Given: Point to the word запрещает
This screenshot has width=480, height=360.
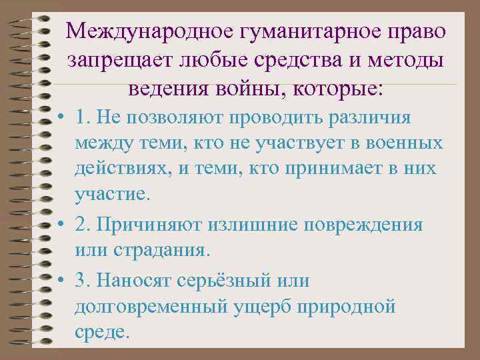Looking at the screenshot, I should (120, 61).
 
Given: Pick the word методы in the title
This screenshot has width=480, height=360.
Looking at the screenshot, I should (408, 61).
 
